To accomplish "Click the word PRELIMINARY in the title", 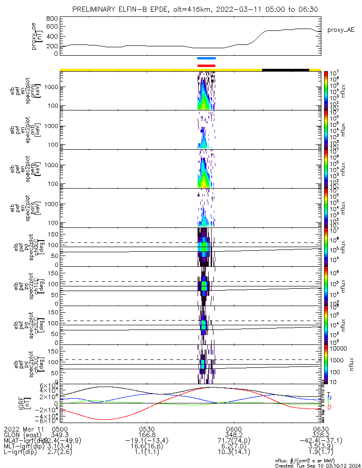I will coord(95,9).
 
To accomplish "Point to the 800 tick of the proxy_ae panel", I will coord(52,18).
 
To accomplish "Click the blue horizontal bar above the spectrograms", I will coord(206,58).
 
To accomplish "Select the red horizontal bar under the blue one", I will coord(206,66).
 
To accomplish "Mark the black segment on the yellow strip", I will coord(285,70).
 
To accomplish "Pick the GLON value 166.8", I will coord(147,435).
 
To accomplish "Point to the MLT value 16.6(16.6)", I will coord(147,446).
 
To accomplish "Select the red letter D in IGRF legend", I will coord(329,408).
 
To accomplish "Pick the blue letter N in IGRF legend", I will coord(329,397).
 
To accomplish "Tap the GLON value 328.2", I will coord(320,435).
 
